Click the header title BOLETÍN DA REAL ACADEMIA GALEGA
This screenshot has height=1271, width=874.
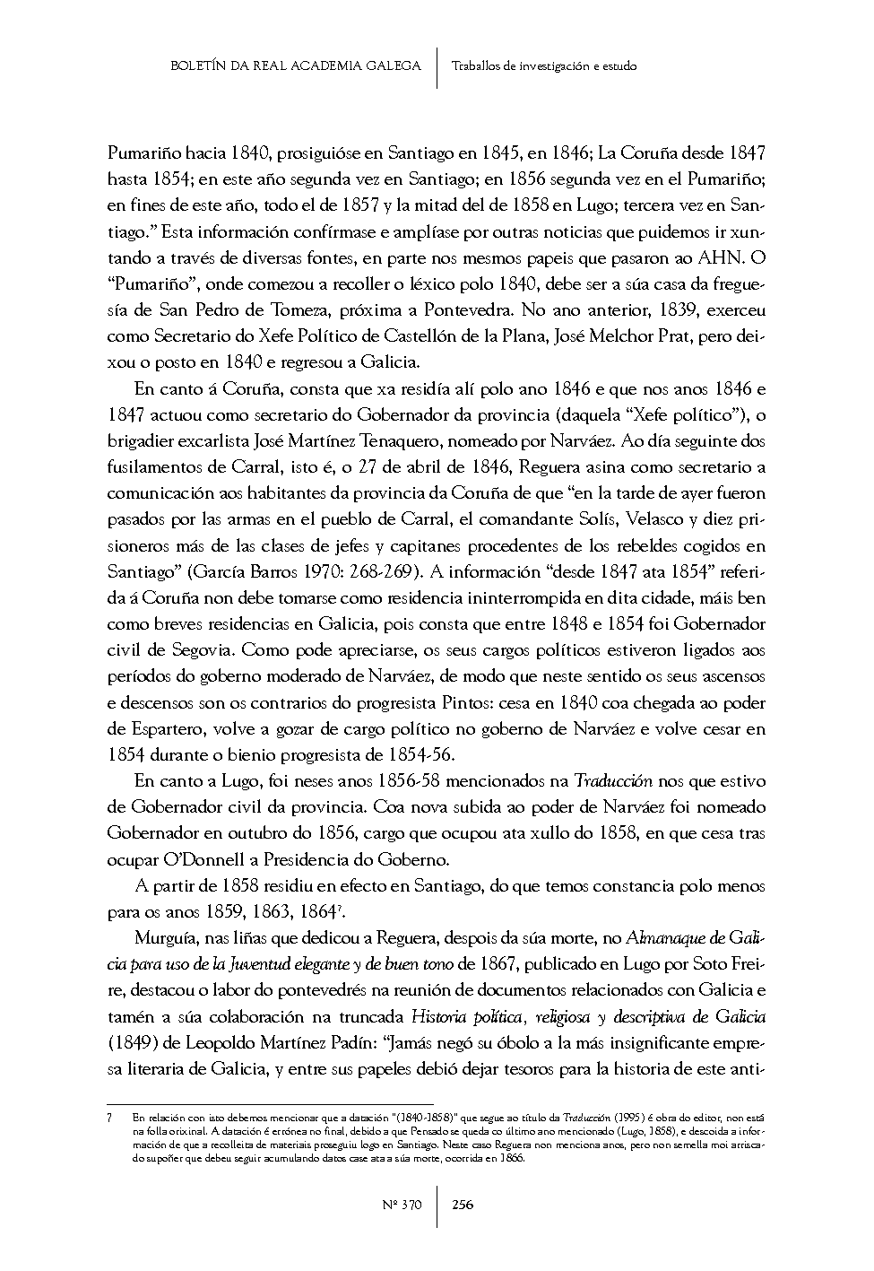(295, 65)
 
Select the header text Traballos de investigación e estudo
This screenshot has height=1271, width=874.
(544, 65)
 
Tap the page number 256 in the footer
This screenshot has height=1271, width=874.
(463, 1204)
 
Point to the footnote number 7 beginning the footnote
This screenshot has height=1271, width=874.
(108, 1119)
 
